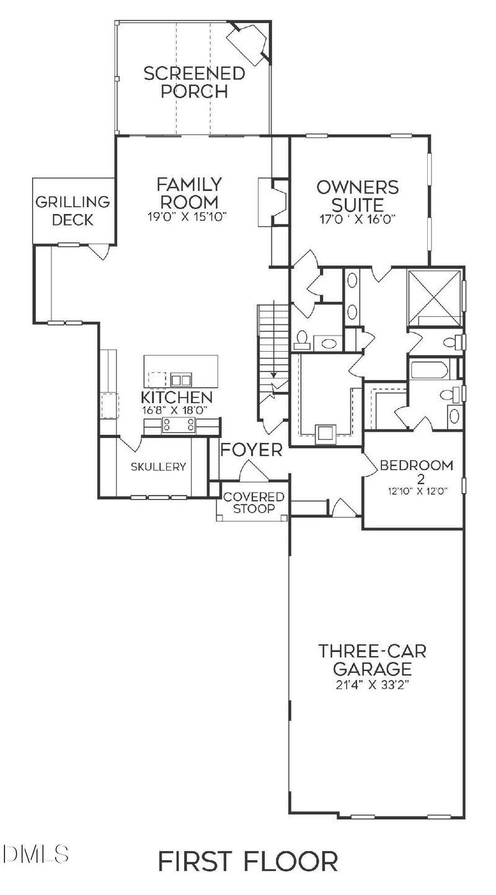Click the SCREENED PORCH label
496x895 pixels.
click(194, 82)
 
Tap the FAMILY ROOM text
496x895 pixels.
click(189, 193)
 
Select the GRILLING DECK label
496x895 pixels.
click(73, 210)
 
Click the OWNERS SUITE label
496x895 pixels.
click(357, 195)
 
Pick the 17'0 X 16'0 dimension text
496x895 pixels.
click(357, 218)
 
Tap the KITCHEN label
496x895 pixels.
click(177, 397)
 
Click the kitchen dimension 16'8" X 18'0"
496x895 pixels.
click(177, 410)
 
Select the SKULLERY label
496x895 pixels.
click(158, 467)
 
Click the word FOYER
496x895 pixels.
click(252, 450)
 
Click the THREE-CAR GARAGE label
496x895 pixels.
click(373, 660)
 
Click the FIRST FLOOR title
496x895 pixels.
click(248, 862)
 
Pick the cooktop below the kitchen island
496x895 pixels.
click(179, 425)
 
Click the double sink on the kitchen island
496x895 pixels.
click(181, 380)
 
